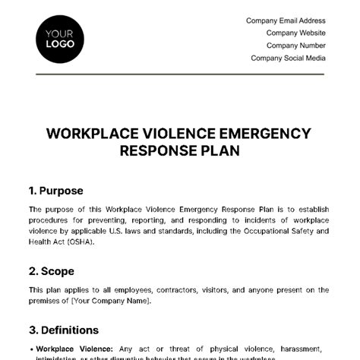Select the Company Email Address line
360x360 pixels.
click(x=286, y=21)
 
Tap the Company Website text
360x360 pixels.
click(x=296, y=33)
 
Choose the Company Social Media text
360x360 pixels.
click(x=288, y=57)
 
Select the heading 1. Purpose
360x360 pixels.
click(x=56, y=191)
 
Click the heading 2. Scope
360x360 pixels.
click(x=52, y=270)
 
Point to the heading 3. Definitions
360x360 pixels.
click(x=64, y=330)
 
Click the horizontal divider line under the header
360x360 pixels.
click(x=179, y=74)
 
